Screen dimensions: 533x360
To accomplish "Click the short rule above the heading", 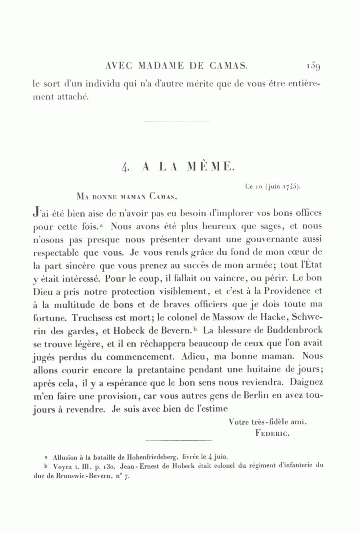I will coord(176,120).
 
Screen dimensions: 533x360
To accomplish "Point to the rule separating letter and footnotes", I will coord(178,441).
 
